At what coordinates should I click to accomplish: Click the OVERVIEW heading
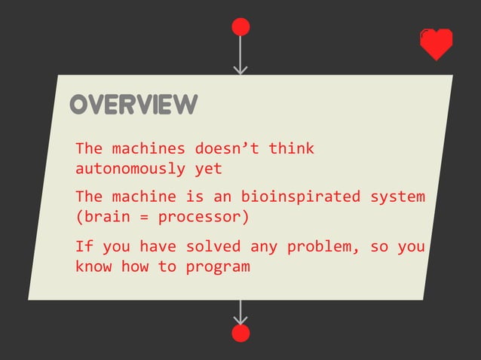click(x=133, y=105)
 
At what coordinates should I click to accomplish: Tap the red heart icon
click(x=437, y=44)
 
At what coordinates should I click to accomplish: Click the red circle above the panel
click(x=240, y=27)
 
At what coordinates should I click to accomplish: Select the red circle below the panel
click(x=240, y=334)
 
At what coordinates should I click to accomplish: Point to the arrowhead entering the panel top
click(x=240, y=70)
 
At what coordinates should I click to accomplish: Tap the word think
click(x=292, y=148)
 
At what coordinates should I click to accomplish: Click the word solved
click(x=213, y=246)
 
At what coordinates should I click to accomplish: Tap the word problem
click(x=314, y=246)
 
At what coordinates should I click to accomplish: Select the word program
click(x=218, y=266)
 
